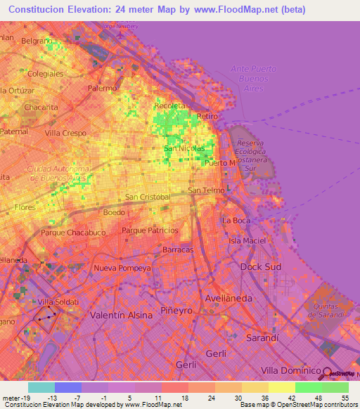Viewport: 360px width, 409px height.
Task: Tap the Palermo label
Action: click(102, 89)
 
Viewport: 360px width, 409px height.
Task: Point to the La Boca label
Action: click(236, 221)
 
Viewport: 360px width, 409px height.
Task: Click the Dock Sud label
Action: click(260, 267)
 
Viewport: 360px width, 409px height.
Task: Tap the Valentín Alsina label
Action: click(122, 316)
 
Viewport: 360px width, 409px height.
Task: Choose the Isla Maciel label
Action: click(247, 241)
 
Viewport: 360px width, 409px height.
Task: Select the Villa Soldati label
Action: click(58, 301)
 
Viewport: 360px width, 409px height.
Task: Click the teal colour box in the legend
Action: click(41, 387)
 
